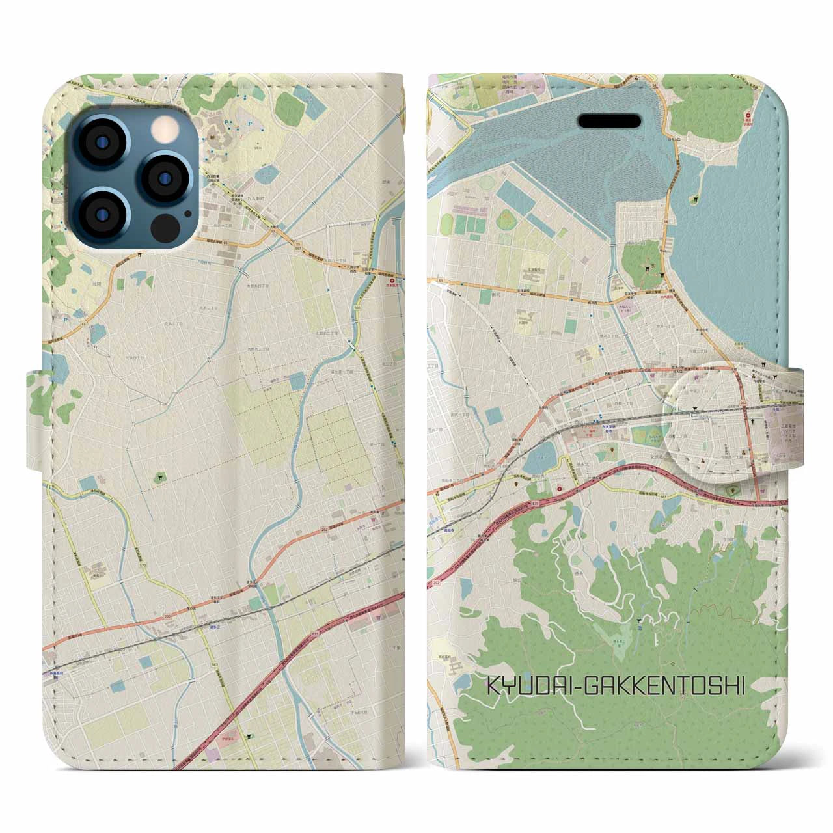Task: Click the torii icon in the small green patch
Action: [160, 478]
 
